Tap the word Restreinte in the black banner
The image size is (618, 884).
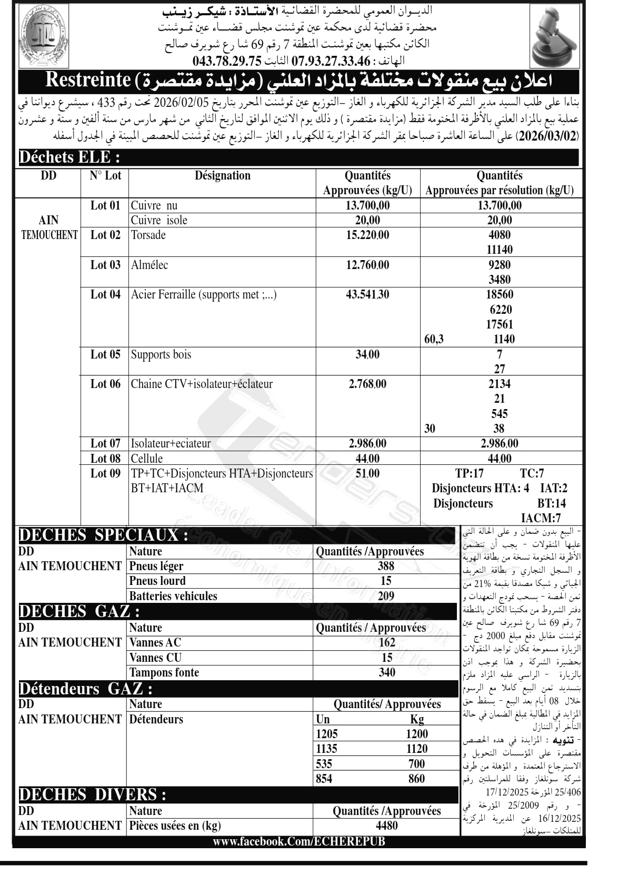point(88,80)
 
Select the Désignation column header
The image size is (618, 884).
point(222,176)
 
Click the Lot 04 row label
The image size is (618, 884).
point(105,295)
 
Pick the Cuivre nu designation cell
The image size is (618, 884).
point(154,205)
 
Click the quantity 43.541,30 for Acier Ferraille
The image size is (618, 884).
point(367,295)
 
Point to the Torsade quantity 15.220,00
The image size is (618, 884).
point(367,235)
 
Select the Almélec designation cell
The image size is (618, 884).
point(149,265)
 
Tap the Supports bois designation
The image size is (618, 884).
point(161,354)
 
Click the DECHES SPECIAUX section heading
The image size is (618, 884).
point(103,535)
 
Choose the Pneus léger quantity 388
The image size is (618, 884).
point(386,566)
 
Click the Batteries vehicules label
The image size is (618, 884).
point(173,596)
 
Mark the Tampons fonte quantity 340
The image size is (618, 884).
point(387,672)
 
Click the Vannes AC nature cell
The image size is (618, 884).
point(155,642)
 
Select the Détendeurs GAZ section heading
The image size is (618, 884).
point(86,689)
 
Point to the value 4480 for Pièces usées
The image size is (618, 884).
point(387,826)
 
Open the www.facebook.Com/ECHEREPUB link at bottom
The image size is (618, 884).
point(298,841)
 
